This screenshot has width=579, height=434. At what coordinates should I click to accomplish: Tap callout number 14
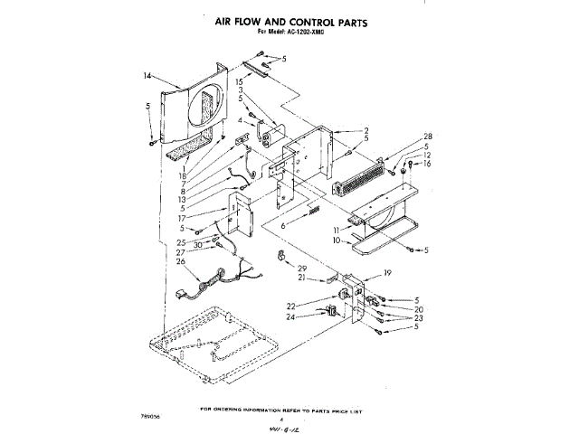pos(148,77)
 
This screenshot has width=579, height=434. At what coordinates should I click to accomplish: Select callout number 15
pos(239,81)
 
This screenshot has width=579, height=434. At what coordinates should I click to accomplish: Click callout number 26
pos(181,262)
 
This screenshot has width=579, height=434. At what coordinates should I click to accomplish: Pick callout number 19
pos(386,273)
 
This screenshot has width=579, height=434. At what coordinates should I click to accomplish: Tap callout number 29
pos(302,270)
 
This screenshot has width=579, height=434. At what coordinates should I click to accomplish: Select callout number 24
pos(291,316)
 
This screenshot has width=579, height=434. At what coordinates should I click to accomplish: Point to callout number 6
pos(283,226)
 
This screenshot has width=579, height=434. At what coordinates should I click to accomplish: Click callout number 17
pos(181,218)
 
